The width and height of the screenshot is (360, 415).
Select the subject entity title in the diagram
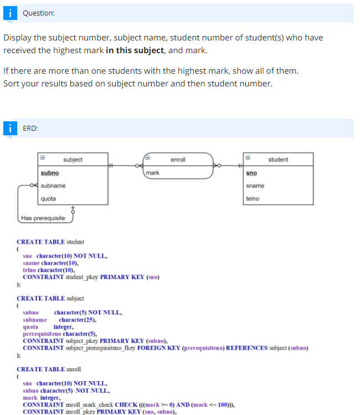tap(73, 160)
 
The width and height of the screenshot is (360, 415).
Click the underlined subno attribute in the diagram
tap(50, 173)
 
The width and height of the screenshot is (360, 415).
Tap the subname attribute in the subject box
tap(53, 186)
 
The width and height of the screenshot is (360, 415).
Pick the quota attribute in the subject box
tap(48, 198)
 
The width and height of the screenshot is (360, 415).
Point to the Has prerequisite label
tap(43, 218)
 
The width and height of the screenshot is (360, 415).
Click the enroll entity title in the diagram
tap(178, 160)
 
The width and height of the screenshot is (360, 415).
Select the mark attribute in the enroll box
tap(152, 173)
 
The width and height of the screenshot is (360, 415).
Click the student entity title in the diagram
tap(278, 160)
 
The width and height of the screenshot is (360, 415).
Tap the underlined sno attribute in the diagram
tap(251, 173)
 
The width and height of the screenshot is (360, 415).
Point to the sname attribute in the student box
tap(255, 186)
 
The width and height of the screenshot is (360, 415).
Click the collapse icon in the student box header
tap(248, 159)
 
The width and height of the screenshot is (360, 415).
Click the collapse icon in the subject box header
tap(43, 159)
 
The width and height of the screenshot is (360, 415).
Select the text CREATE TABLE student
tap(50, 242)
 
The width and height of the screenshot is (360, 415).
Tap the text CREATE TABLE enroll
tap(49, 369)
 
